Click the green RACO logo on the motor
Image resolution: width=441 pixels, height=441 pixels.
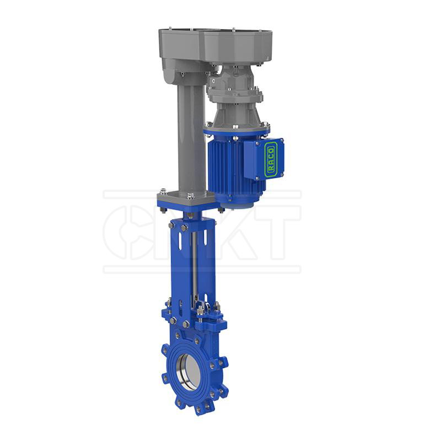pyautogui.click(x=270, y=159)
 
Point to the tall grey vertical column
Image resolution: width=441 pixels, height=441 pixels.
pyautogui.click(x=187, y=138)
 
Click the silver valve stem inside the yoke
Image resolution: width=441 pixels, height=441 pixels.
pyautogui.click(x=195, y=265)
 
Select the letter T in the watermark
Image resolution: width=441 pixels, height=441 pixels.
pyautogui.click(x=276, y=232)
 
